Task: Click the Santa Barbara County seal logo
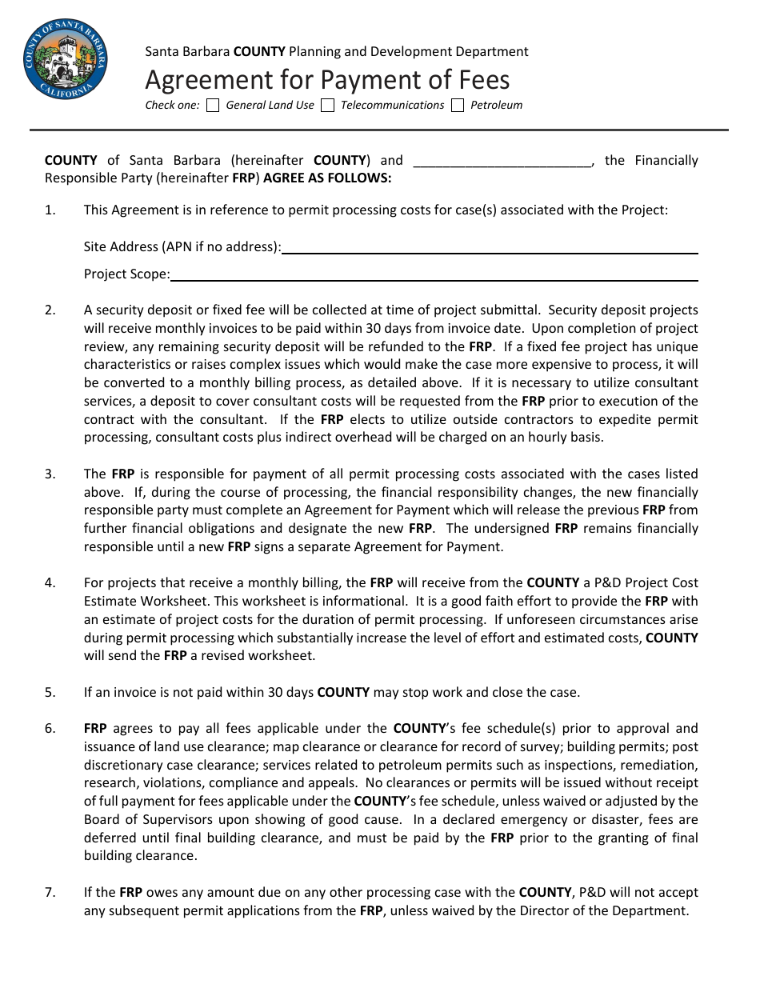click(66, 62)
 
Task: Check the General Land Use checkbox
click(213, 106)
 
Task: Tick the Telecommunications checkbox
click(327, 106)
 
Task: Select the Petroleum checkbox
click(458, 106)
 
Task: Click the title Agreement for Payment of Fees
click(326, 80)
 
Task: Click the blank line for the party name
click(502, 161)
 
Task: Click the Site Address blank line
click(490, 247)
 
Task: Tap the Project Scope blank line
click(434, 274)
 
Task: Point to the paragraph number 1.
click(50, 210)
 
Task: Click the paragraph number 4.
click(50, 583)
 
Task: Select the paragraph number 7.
click(50, 892)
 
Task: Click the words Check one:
click(172, 106)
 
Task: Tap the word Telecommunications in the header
click(392, 106)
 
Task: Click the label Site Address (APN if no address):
click(182, 247)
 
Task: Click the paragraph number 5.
click(50, 693)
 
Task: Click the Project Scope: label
click(127, 274)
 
